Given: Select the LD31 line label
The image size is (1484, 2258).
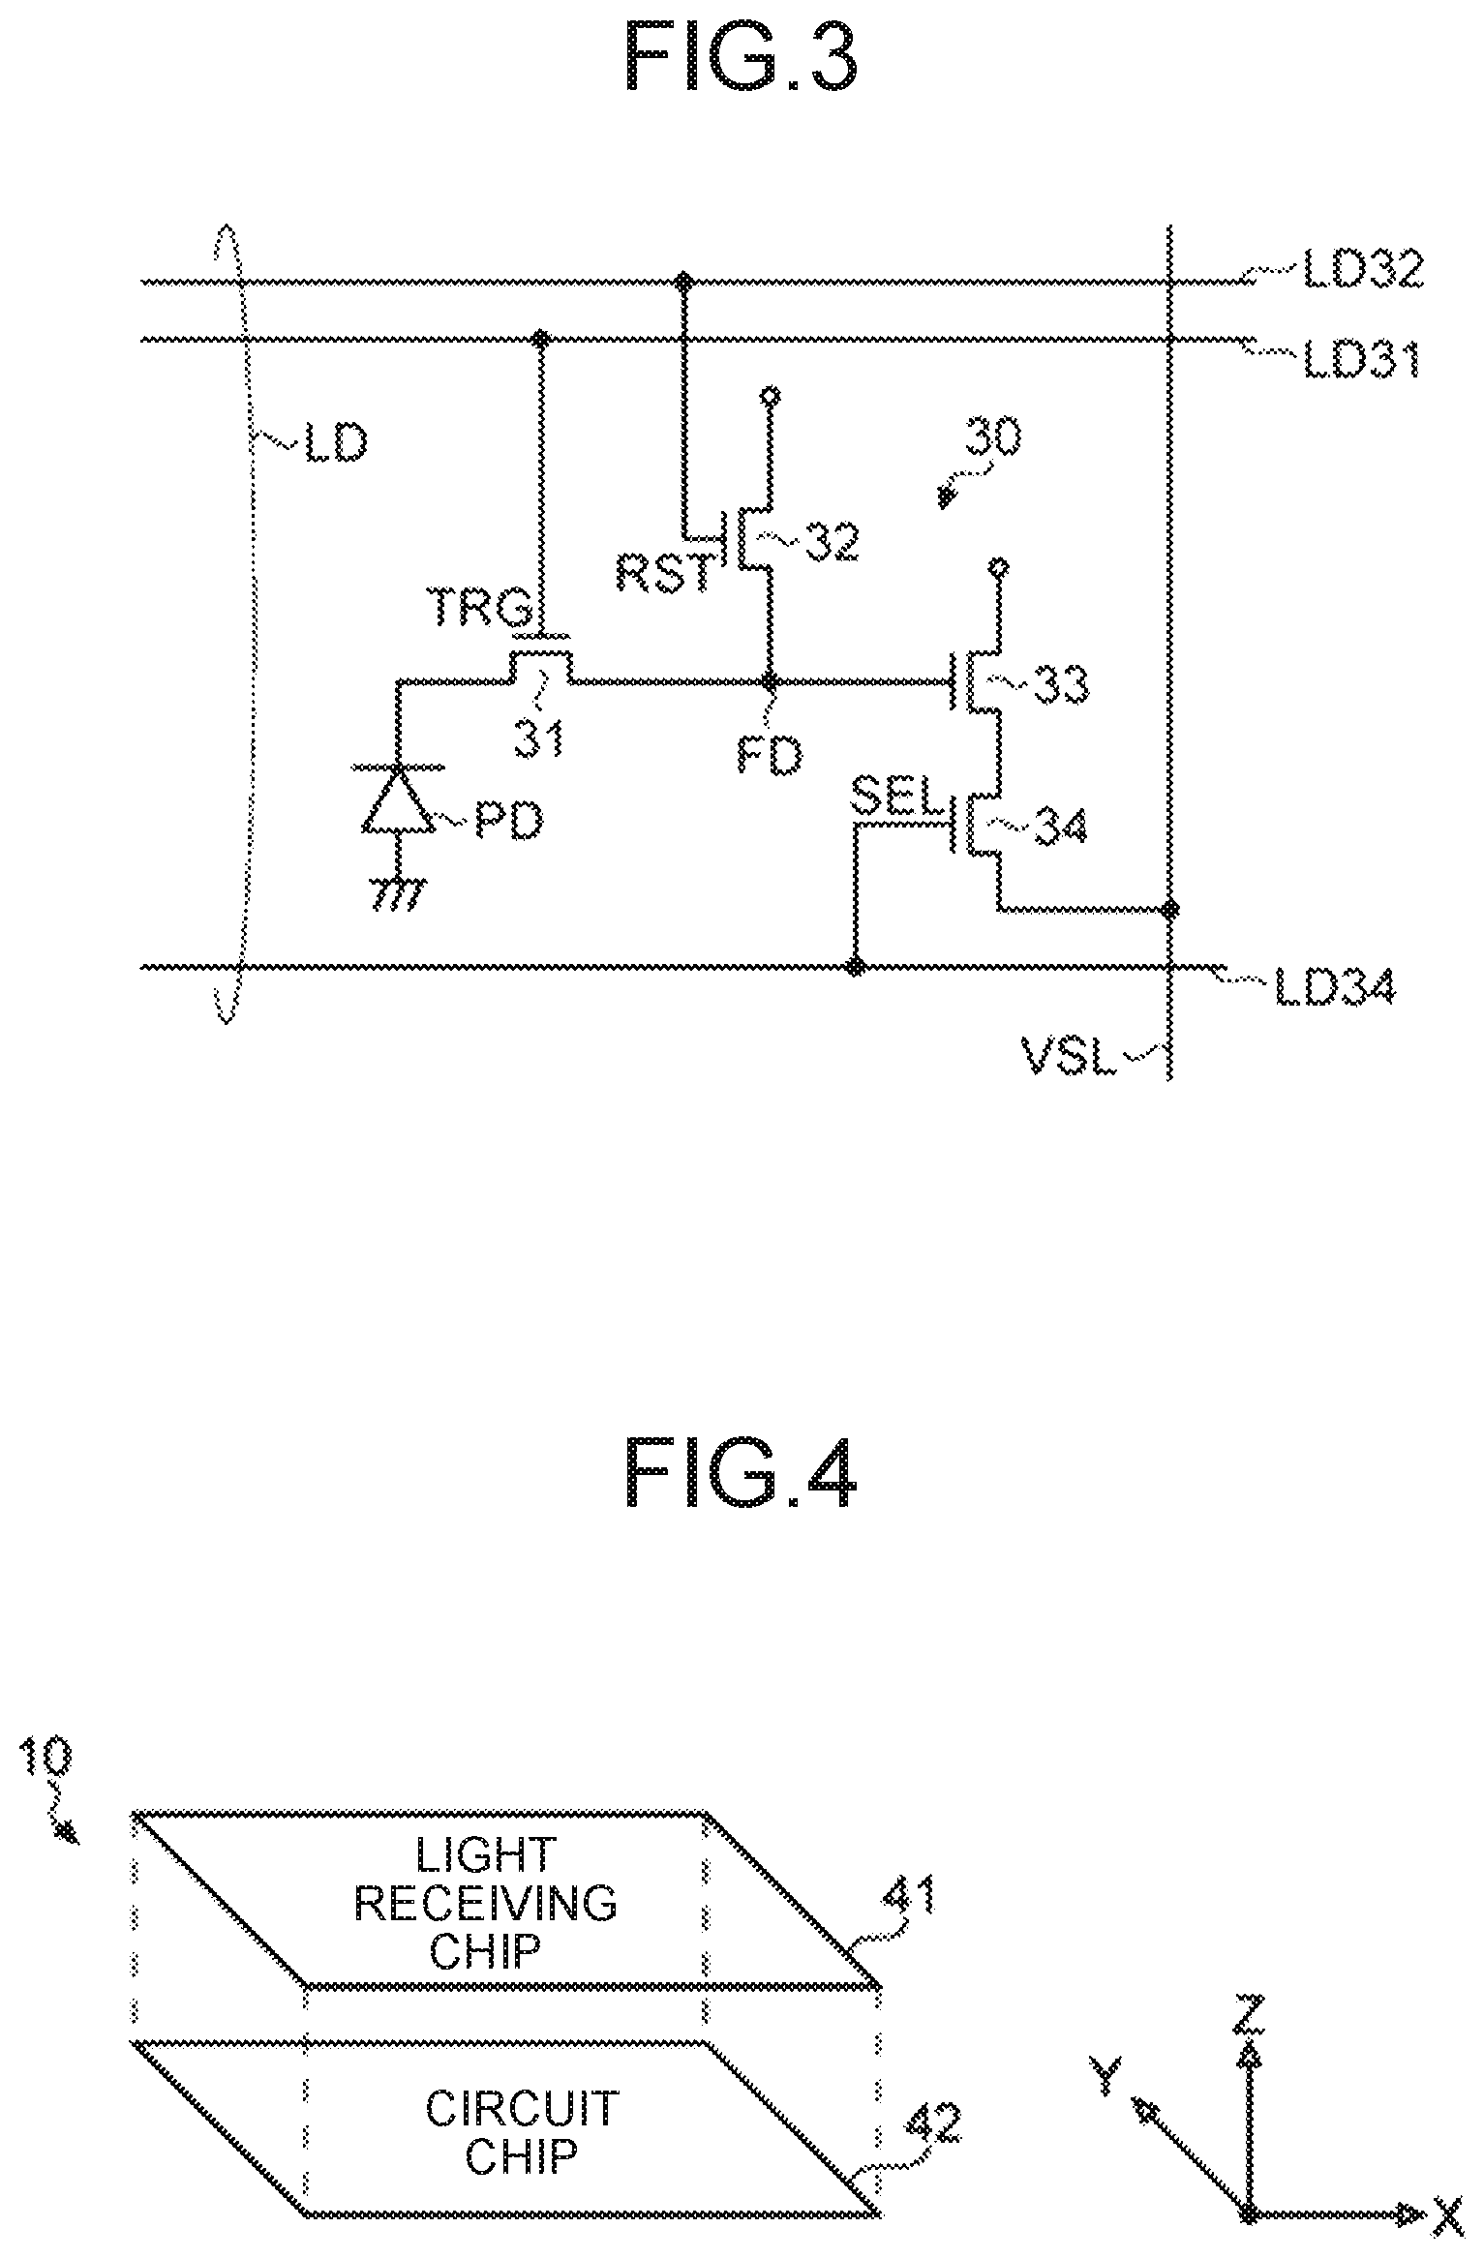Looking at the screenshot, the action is (1362, 360).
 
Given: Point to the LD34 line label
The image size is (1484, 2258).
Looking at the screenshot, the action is (1335, 988).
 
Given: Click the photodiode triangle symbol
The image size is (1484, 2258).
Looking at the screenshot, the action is (398, 798).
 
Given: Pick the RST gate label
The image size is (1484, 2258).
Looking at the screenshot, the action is (668, 575).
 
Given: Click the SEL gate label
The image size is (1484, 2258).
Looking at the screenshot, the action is (895, 797).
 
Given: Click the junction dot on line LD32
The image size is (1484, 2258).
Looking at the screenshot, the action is (684, 282).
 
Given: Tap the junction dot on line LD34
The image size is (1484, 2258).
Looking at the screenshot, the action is (855, 966).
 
